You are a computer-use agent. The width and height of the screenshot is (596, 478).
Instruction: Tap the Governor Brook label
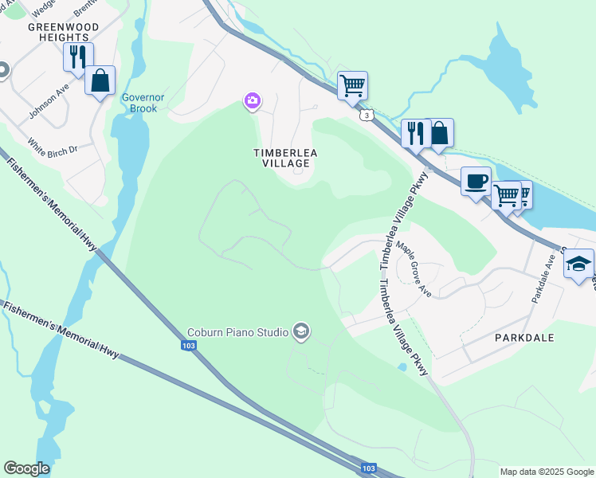pyautogui.click(x=143, y=103)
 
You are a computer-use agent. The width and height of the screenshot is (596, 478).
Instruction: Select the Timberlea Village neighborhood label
pyautogui.click(x=281, y=158)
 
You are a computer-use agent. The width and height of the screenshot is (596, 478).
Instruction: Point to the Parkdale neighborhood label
pyautogui.click(x=524, y=338)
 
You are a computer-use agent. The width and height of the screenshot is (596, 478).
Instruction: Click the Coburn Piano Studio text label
pyautogui.click(x=237, y=333)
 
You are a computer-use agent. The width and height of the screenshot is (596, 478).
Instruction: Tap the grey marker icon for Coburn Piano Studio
pyautogui.click(x=300, y=331)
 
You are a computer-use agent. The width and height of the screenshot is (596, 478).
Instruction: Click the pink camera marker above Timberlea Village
pyautogui.click(x=252, y=100)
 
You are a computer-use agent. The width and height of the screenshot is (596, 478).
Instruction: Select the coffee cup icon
pyautogui.click(x=476, y=181)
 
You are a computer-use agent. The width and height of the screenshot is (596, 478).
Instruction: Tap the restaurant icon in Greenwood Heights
pyautogui.click(x=78, y=57)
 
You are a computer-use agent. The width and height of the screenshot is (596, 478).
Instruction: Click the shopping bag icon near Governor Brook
pyautogui.click(x=100, y=80)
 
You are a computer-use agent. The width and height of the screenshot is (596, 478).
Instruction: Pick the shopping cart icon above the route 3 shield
pyautogui.click(x=352, y=85)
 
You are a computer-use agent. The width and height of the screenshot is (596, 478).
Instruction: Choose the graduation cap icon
pyautogui.click(x=578, y=264)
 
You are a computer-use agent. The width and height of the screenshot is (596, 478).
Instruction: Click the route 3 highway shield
pyautogui.click(x=366, y=116)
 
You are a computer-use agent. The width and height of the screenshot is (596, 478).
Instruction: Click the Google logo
pyautogui.click(x=26, y=468)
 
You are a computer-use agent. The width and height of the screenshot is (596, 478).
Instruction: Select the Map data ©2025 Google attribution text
pyautogui.click(x=547, y=472)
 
